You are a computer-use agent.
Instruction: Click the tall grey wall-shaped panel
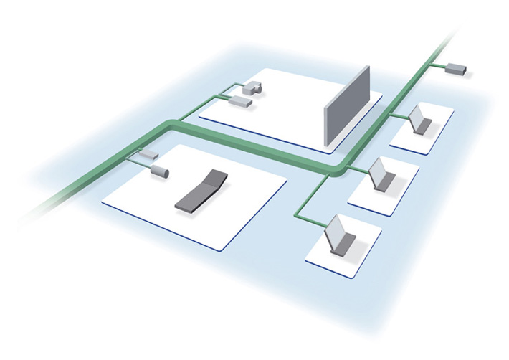click(x=348, y=106)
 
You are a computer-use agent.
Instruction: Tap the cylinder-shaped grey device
click(x=160, y=171)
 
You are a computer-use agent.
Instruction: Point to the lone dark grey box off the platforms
click(x=456, y=70)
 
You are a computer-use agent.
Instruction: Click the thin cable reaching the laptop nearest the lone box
click(x=398, y=115)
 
